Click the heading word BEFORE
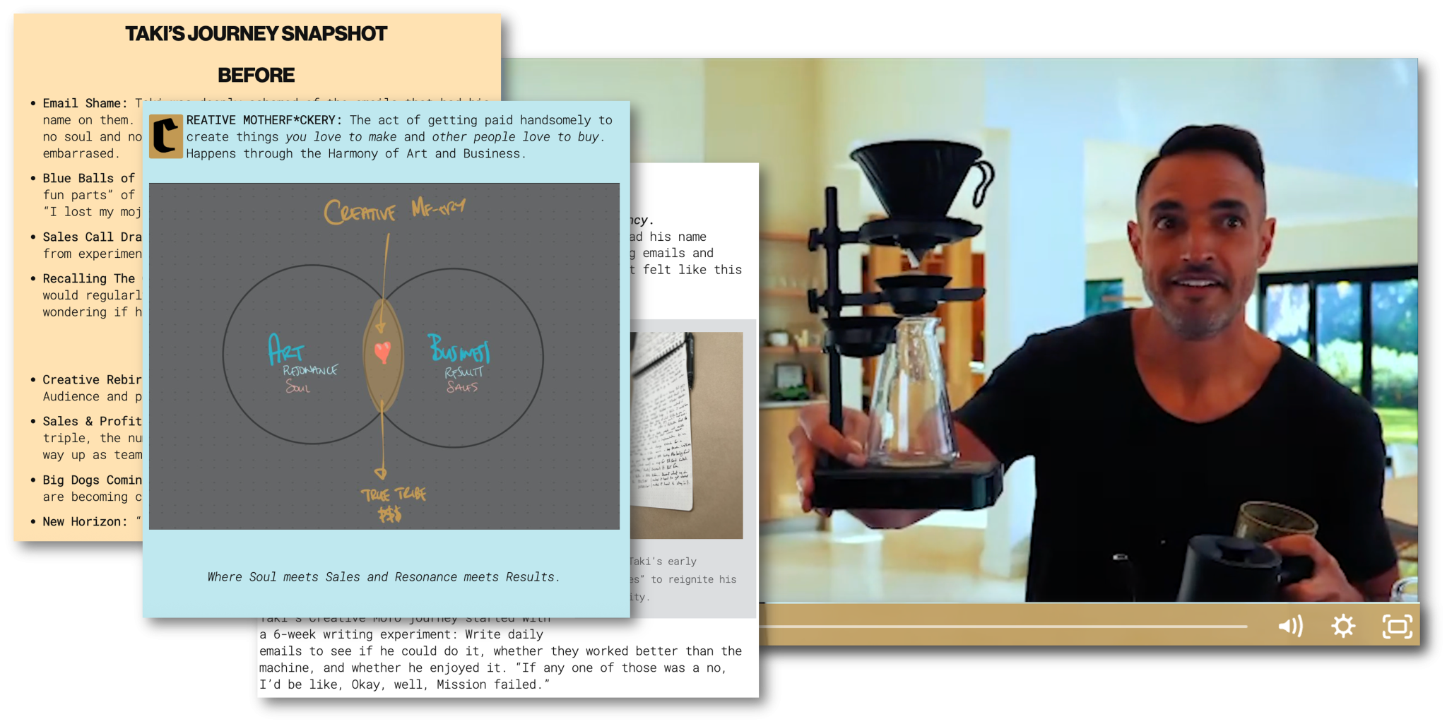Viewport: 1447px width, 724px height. pyautogui.click(x=256, y=75)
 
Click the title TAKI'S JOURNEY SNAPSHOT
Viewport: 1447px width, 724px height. pyautogui.click(x=256, y=34)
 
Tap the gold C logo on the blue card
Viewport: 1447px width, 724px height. pyautogui.click(x=166, y=136)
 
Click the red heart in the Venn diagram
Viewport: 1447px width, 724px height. pyautogui.click(x=382, y=351)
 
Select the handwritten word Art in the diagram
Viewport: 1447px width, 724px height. pyautogui.click(x=285, y=350)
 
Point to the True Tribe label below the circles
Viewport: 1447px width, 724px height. pyautogui.click(x=393, y=494)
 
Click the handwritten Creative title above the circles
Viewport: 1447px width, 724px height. pyautogui.click(x=360, y=211)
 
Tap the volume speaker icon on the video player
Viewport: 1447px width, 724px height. pyautogui.click(x=1290, y=626)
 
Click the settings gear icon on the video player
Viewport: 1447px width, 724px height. pyautogui.click(x=1343, y=626)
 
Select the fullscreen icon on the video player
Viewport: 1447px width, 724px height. pyautogui.click(x=1397, y=627)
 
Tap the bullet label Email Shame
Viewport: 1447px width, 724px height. pyautogui.click(x=85, y=103)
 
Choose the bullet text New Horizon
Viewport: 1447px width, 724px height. pyautogui.click(x=85, y=521)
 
